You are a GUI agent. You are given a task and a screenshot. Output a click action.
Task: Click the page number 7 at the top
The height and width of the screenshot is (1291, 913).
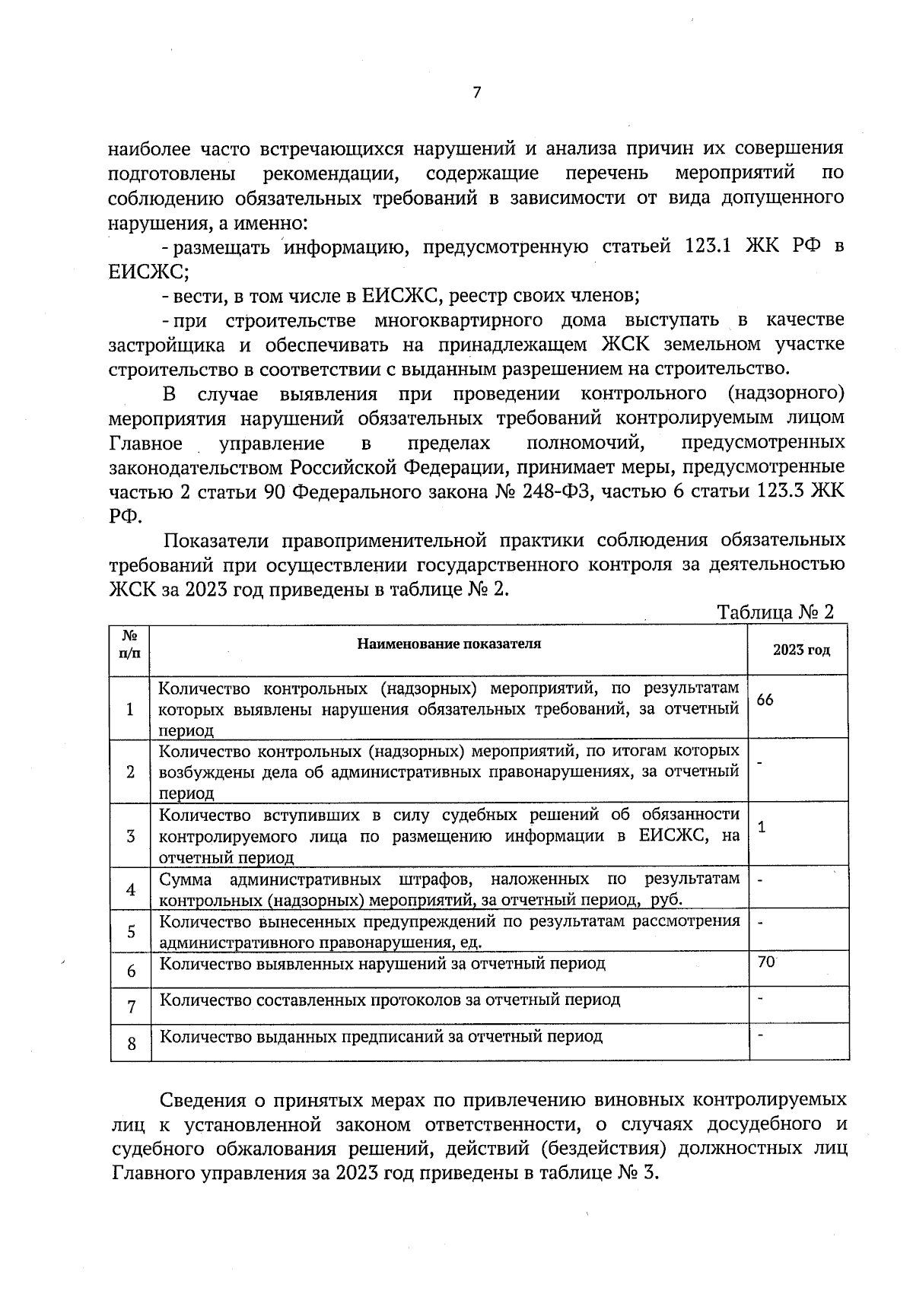477,93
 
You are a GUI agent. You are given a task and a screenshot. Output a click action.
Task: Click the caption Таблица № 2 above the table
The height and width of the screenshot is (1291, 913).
775,612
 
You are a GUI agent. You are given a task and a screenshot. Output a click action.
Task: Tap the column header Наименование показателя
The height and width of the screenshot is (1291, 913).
449,644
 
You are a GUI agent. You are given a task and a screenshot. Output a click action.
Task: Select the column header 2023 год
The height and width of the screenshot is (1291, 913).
800,650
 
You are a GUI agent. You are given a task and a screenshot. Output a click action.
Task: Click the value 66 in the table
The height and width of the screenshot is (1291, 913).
765,700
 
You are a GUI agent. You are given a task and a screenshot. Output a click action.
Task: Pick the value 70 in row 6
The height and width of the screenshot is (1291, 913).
766,962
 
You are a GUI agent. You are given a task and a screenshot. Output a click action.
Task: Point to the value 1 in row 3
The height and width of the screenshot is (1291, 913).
762,827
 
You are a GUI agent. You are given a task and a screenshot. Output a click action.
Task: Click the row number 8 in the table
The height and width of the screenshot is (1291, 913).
132,1044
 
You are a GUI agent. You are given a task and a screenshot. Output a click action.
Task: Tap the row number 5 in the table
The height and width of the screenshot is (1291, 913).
132,931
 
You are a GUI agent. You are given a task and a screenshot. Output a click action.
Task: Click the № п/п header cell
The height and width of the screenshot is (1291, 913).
130,644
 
